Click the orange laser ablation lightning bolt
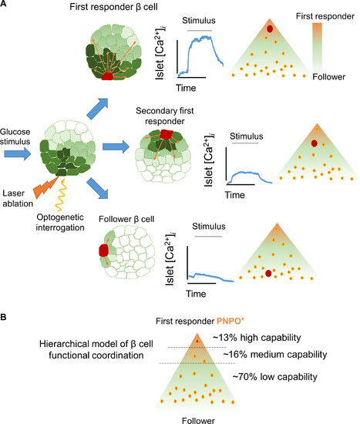click(x=45, y=187)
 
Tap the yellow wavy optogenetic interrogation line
click(x=61, y=194)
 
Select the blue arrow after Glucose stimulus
click(x=18, y=153)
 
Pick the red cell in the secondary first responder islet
click(x=166, y=134)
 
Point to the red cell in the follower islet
click(x=103, y=250)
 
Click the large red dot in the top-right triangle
click(x=270, y=29)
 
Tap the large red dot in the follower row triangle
click(x=268, y=274)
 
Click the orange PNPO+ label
click(x=230, y=321)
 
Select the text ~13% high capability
click(x=257, y=338)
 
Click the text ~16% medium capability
click(x=275, y=355)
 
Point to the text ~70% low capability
click(x=274, y=377)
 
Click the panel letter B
click(x=3, y=317)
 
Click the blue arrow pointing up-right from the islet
click(x=98, y=109)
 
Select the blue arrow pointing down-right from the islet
click(x=98, y=188)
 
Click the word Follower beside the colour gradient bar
click(x=329, y=77)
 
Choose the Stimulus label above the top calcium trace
click(x=199, y=21)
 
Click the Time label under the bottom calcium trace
click(x=196, y=294)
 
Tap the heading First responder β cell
click(x=113, y=7)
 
